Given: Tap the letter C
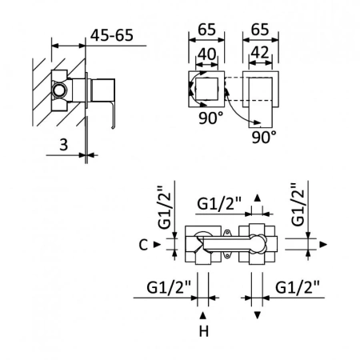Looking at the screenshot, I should point(142,245).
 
